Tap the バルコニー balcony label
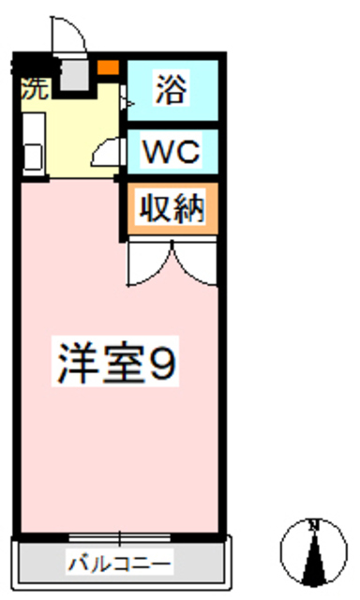point(118,564)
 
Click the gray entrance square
point(74,74)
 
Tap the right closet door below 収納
point(195,262)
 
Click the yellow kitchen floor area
point(75,131)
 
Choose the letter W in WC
point(157,150)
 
